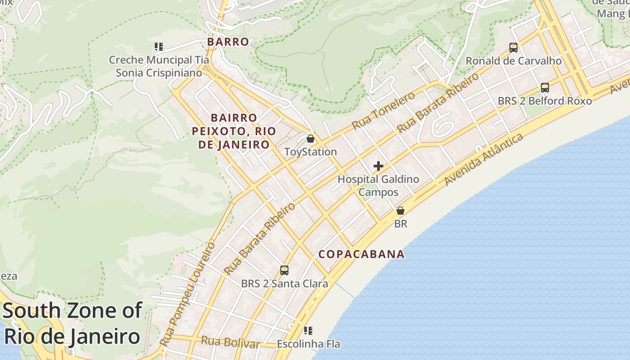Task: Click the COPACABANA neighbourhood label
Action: [361, 254]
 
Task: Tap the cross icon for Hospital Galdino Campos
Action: [378, 166]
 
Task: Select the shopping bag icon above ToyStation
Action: [310, 139]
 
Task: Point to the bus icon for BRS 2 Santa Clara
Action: [284, 270]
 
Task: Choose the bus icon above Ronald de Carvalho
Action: [513, 47]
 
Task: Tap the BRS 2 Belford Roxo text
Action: [544, 101]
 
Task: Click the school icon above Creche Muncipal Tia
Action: [158, 46]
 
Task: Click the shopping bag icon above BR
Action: [400, 211]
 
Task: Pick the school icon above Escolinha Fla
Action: [308, 331]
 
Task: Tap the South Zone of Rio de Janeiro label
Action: [72, 324]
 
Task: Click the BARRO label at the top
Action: [228, 42]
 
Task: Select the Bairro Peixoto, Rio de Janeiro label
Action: [234, 131]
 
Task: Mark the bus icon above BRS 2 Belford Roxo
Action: [545, 88]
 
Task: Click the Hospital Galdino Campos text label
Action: [378, 185]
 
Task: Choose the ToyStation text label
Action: [310, 152]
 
